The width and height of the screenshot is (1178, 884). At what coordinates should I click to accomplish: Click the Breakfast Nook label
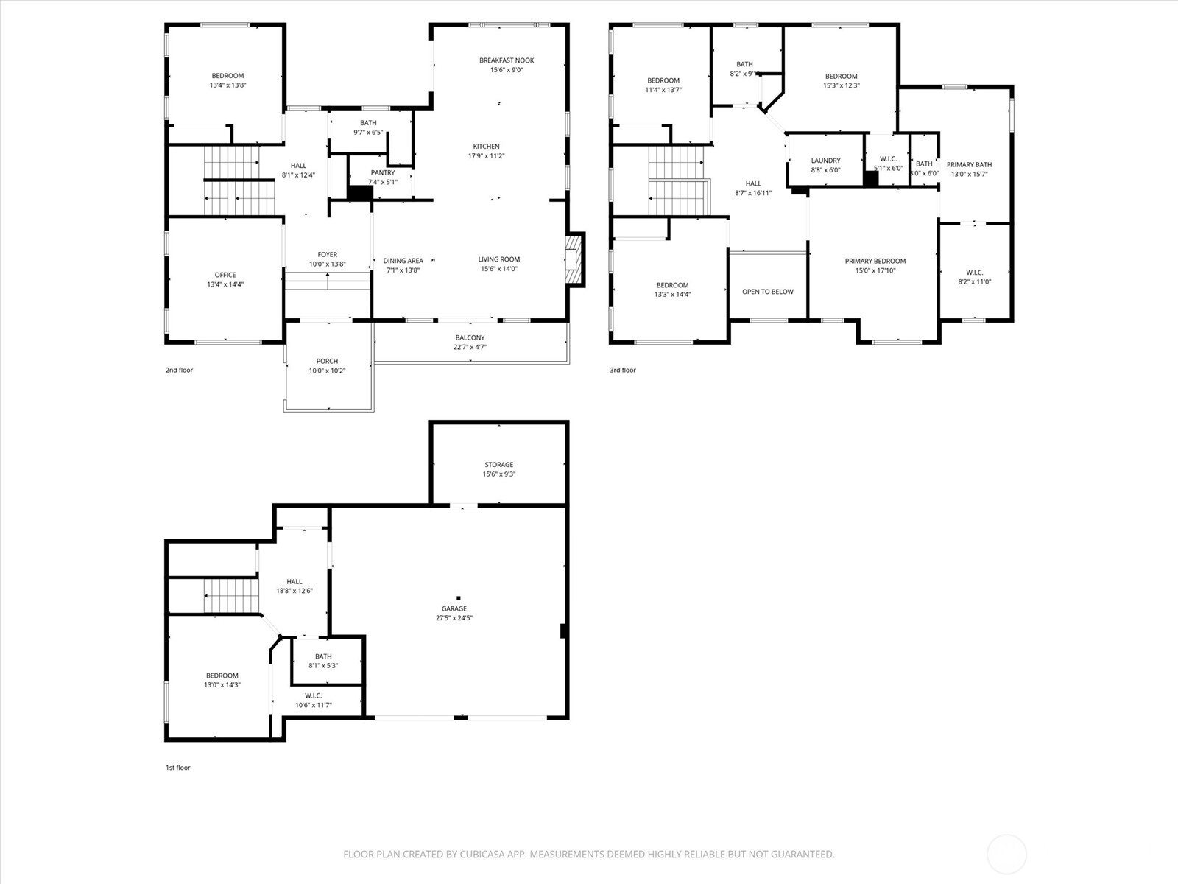click(x=507, y=60)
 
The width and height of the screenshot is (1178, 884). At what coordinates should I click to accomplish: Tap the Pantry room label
click(x=382, y=173)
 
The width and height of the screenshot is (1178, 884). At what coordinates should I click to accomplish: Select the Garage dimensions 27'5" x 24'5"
click(x=454, y=618)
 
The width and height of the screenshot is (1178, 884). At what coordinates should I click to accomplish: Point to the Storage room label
click(x=498, y=465)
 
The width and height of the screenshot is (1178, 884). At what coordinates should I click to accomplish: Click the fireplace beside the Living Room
click(x=575, y=259)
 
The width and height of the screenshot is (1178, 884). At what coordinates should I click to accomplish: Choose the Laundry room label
click(x=825, y=161)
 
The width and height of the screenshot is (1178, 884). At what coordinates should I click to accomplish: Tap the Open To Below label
click(x=767, y=292)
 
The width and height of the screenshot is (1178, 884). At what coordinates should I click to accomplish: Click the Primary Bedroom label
click(x=875, y=261)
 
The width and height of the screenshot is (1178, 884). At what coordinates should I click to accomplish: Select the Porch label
click(x=327, y=361)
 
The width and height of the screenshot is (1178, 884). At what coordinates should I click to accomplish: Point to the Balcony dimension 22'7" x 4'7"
click(x=470, y=347)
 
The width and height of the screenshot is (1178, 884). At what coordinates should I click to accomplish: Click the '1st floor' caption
click(x=177, y=768)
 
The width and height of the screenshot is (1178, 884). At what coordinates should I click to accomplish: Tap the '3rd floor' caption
click(x=622, y=370)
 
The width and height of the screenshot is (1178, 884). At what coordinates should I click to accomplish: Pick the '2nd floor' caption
click(x=179, y=370)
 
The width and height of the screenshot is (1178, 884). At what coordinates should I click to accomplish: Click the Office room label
click(x=225, y=275)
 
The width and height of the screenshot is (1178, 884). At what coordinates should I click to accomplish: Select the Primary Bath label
click(x=969, y=164)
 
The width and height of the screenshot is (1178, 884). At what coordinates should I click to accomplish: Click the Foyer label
click(x=327, y=255)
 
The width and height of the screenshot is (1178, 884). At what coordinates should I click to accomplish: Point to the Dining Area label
click(x=403, y=261)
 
